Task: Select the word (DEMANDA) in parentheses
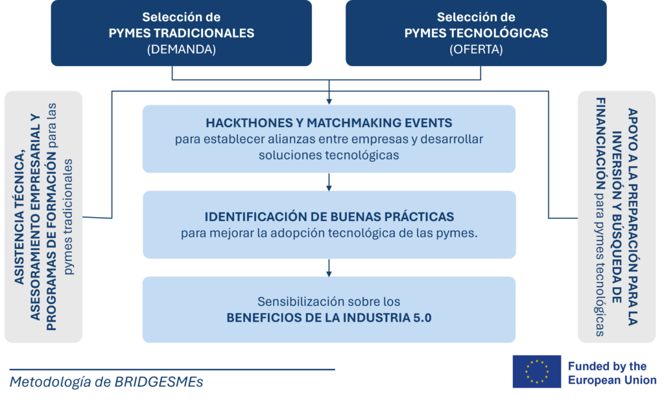tap(182, 49)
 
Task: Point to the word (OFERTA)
tap(476, 49)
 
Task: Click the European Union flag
tap(536, 371)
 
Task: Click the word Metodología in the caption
tap(51, 382)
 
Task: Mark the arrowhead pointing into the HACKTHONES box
tap(329, 102)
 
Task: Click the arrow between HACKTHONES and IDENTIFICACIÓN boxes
tap(329, 182)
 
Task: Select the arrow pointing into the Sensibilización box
tap(329, 268)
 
